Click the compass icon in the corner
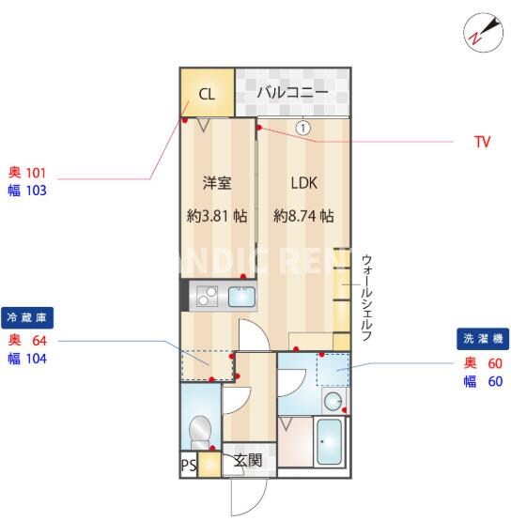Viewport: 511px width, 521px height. pos(482,33)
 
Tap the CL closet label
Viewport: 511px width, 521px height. pos(207,93)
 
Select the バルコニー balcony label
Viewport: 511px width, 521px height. pos(292,92)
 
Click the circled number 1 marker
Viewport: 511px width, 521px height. pos(302,127)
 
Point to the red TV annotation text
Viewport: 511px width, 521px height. pos(482,143)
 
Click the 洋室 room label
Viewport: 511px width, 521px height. pos(217,182)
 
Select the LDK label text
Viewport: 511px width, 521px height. pos(303,182)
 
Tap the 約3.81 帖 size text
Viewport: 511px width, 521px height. pos(217,215)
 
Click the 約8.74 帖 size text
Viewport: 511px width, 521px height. pos(303,215)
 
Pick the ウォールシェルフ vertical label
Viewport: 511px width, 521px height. pos(367,297)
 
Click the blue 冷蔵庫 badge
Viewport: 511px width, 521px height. pos(27,316)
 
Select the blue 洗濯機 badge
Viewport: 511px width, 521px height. pos(482,338)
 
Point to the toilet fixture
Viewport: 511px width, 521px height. pos(200,431)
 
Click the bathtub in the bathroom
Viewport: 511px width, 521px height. pos(329,442)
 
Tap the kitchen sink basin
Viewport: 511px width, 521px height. pos(241,299)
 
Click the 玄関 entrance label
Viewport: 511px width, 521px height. pos(248,461)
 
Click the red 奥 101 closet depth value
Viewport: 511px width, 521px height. pos(27,173)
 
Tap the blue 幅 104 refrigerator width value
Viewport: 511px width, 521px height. pos(27,358)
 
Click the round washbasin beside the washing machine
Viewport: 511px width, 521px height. pos(333,402)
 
